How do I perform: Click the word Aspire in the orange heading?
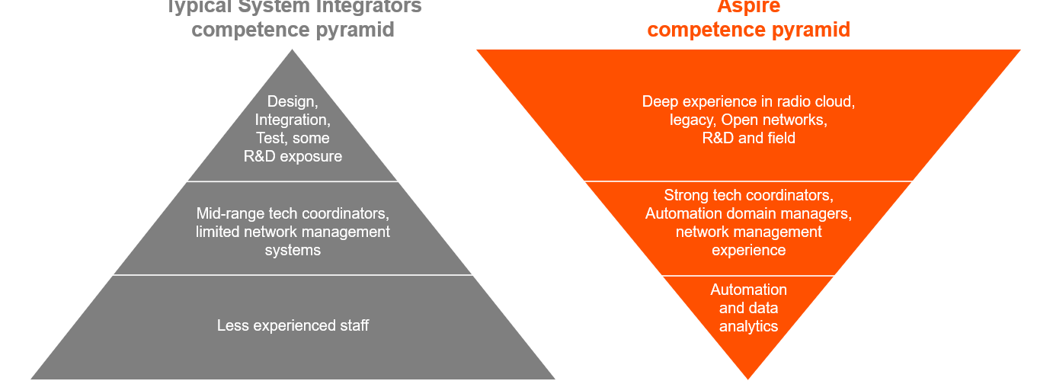point(748,7)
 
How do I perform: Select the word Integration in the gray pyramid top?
point(293,120)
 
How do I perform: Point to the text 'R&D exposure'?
point(293,157)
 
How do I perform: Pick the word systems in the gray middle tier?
point(293,250)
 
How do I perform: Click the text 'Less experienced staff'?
point(293,326)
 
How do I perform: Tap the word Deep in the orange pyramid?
point(660,101)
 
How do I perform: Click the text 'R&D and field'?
point(748,138)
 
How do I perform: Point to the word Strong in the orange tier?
point(686,195)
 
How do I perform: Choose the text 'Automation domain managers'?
point(748,213)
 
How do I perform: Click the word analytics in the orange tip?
point(748,326)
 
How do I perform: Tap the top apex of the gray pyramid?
point(293,52)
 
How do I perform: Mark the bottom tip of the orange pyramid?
point(748,376)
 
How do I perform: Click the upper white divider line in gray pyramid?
point(293,181)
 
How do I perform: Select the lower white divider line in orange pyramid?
point(748,276)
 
